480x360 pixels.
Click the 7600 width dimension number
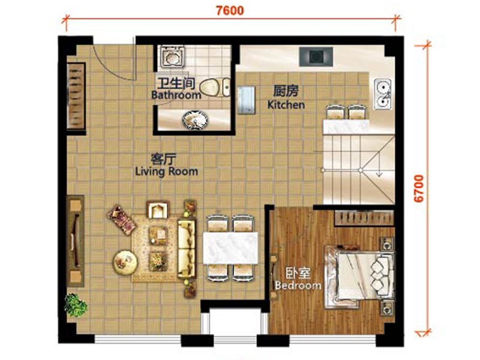230,10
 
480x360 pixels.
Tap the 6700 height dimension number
419,188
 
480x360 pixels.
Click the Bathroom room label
176,95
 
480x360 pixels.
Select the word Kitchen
286,104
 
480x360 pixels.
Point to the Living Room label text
167,172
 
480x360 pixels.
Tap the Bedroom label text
298,286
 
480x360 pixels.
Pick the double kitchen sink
383,94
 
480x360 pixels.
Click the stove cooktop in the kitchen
316,56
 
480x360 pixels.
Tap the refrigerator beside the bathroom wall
247,100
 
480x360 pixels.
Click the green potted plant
76,305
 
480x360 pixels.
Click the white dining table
230,248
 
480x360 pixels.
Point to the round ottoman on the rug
125,263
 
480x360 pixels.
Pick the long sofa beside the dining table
187,248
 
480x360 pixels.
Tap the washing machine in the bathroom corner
172,56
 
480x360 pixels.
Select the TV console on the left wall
76,241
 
